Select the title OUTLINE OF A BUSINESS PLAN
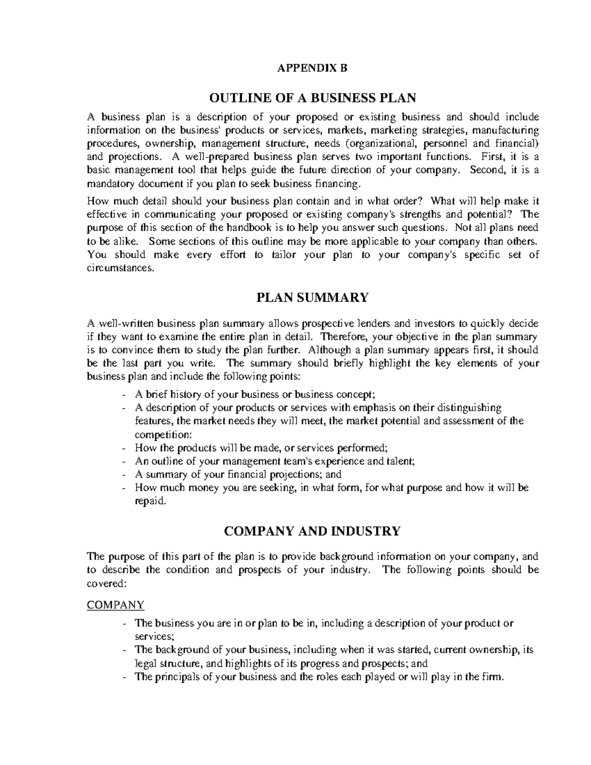click(313, 98)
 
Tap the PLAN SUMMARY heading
click(313, 298)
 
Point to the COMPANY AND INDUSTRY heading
click(312, 531)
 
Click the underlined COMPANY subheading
click(115, 604)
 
